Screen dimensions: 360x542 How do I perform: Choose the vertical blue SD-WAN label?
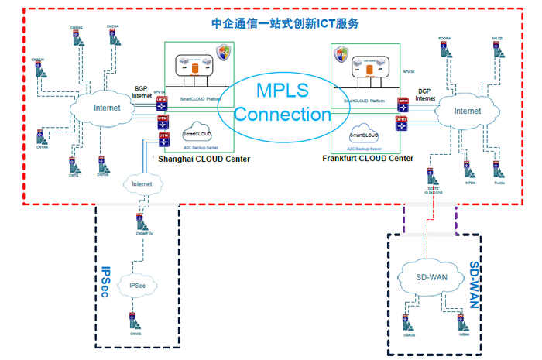pos(475,282)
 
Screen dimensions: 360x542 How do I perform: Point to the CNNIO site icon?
pos(135,320)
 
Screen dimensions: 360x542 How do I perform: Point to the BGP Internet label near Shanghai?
pos(142,92)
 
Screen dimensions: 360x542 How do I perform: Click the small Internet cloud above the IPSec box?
pos(142,183)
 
